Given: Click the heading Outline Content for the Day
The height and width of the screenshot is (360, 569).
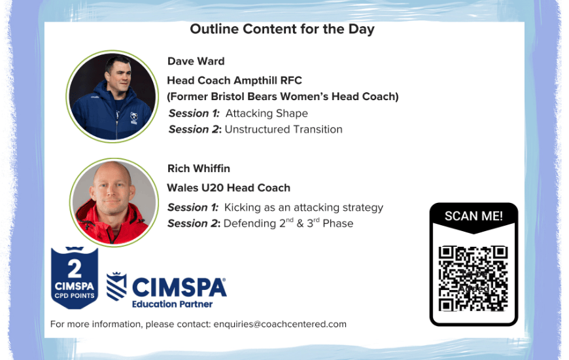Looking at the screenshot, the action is tap(282, 29).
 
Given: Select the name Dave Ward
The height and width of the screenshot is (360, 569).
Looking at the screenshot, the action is tap(196, 61).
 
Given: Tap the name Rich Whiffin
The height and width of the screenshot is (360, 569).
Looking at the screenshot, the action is tap(199, 169).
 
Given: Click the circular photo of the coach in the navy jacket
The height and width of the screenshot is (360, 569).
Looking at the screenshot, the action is tap(112, 96).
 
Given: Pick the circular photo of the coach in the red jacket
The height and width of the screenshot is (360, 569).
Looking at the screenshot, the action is tap(114, 202).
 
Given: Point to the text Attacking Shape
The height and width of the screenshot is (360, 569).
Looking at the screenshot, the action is tap(267, 113).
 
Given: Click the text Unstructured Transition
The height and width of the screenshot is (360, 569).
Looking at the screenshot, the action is tap(283, 130).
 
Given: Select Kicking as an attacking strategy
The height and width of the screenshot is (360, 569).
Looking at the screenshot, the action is tap(303, 207).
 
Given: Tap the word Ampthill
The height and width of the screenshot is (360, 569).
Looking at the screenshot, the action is tap(252, 81).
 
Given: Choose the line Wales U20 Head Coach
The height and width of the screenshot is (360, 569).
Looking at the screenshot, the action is tap(229, 188).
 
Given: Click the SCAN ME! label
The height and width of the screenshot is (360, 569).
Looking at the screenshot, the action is tap(474, 216).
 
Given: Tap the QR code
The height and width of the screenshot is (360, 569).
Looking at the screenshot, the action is tap(474, 279).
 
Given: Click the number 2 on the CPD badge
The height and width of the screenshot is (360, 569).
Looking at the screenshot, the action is tap(75, 269).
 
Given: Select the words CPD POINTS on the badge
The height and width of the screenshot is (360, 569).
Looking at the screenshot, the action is tap(75, 296).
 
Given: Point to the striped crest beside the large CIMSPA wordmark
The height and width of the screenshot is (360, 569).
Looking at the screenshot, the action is tap(116, 286).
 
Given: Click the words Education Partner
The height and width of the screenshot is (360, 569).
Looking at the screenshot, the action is tap(173, 304).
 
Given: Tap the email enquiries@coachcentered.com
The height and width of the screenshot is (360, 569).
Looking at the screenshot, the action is tap(280, 324).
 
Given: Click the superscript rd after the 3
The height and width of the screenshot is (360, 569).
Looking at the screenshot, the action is tap(317, 220).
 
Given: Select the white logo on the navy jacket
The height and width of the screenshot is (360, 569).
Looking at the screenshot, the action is tap(134, 118).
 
